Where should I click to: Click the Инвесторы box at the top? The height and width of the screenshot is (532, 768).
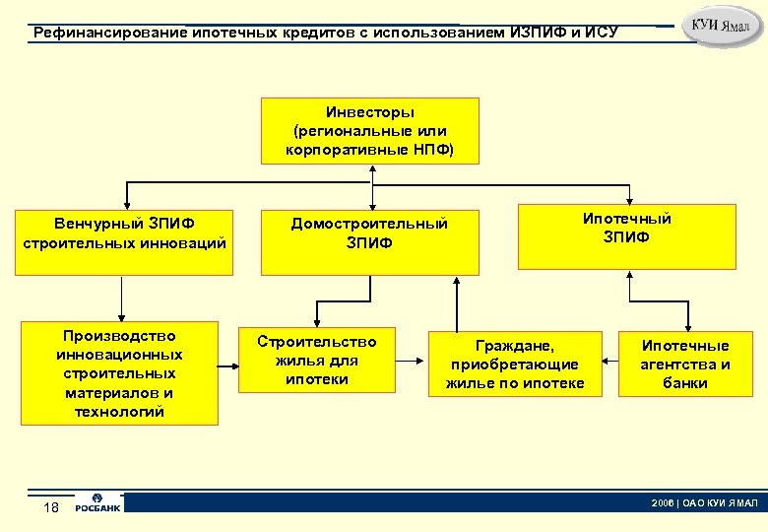tap(369, 130)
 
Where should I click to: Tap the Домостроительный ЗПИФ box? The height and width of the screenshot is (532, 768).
tap(369, 240)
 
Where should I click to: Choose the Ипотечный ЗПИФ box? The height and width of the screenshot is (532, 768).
tap(627, 236)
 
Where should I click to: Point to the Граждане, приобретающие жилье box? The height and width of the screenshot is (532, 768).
tap(515, 364)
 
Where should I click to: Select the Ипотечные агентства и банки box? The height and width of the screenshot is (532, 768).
tap(686, 364)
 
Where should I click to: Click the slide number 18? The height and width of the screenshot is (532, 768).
tap(52, 506)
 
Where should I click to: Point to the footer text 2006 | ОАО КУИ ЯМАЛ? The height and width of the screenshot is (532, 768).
tap(703, 502)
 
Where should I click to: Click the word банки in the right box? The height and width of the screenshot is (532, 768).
tap(686, 383)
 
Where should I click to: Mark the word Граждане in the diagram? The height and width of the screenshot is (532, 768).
tap(515, 346)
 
